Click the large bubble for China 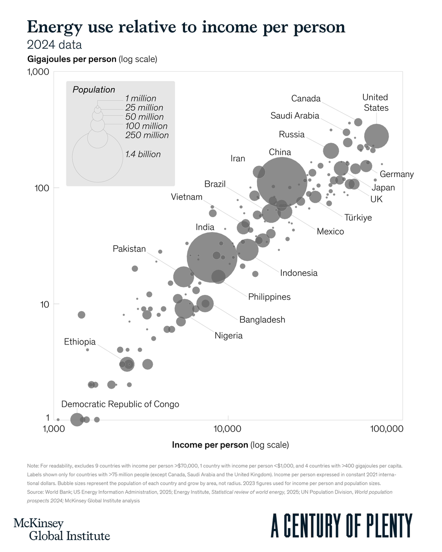[x=282, y=182]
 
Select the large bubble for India [x=212, y=258]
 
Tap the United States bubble [x=377, y=136]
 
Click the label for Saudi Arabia [x=295, y=115]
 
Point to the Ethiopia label [x=80, y=342]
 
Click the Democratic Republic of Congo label [x=120, y=404]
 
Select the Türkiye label [x=358, y=218]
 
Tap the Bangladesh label [x=262, y=319]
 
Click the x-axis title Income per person [x=230, y=445]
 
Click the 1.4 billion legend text [x=143, y=155]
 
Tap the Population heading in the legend [x=93, y=90]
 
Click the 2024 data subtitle [x=54, y=45]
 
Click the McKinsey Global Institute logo [x=62, y=529]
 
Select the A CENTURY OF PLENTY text [x=341, y=526]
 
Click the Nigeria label [x=228, y=336]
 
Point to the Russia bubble [x=331, y=150]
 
